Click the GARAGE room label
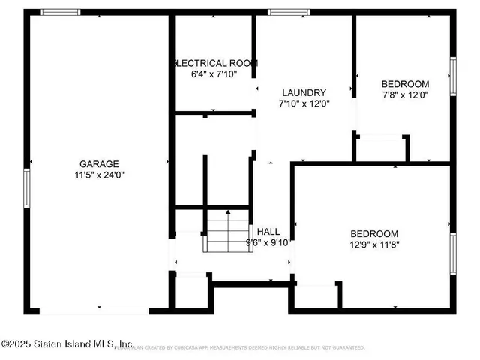[99, 163]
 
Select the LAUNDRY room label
[304, 92]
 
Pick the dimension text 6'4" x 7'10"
[212, 74]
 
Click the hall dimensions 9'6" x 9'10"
[268, 242]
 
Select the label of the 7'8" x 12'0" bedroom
[405, 83]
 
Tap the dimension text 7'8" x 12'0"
[405, 94]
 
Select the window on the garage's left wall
[26, 187]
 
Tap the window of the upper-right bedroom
[453, 76]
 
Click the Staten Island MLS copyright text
[67, 343]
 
